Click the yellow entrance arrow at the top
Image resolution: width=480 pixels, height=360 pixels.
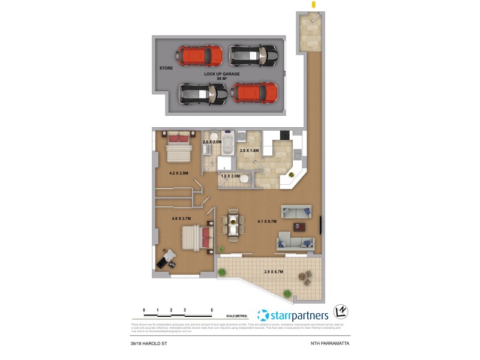coord(313,5)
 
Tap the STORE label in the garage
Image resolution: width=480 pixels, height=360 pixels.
coord(166,68)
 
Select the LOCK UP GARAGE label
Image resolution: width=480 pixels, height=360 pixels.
coord(221,74)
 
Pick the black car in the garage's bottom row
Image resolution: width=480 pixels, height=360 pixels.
coord(203,93)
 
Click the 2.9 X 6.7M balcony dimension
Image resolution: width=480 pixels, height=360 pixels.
coord(274,272)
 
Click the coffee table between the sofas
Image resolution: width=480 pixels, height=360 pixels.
coord(299,227)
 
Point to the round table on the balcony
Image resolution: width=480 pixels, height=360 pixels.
coord(302,277)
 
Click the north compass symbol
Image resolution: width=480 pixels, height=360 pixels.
coord(340,312)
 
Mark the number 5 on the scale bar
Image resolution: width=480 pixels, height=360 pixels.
coord(212,310)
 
